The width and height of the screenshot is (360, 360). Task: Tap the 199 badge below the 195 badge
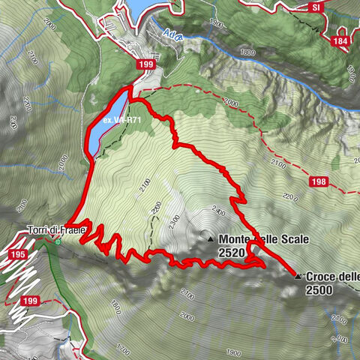click(x=28, y=301)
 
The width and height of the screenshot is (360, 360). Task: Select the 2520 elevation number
click(x=232, y=253)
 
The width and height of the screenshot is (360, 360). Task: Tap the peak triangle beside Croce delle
click(x=298, y=276)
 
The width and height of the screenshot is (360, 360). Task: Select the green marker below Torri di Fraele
click(x=57, y=241)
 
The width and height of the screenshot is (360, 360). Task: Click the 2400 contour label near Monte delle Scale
click(x=218, y=211)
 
